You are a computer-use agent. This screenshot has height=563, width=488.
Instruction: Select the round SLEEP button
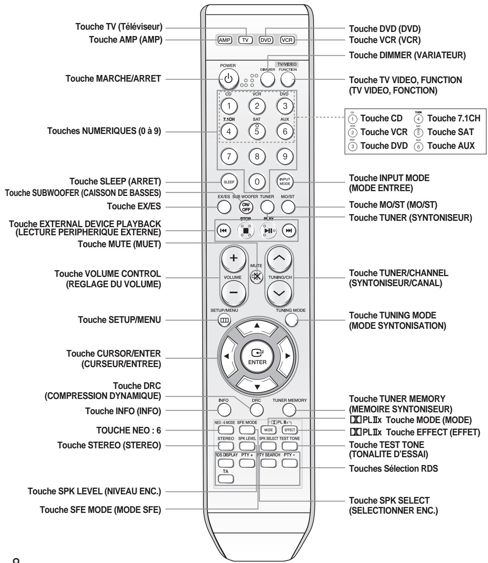(226, 182)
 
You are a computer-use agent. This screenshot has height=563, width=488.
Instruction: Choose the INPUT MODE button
(285, 182)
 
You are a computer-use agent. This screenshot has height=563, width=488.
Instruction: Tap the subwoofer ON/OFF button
(246, 207)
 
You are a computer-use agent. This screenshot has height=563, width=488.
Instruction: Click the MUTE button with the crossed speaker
(256, 277)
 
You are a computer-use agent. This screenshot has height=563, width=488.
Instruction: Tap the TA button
(226, 479)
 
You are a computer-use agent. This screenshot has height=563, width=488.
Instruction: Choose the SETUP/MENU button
(224, 320)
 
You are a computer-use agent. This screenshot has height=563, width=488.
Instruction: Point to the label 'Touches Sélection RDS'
(393, 468)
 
